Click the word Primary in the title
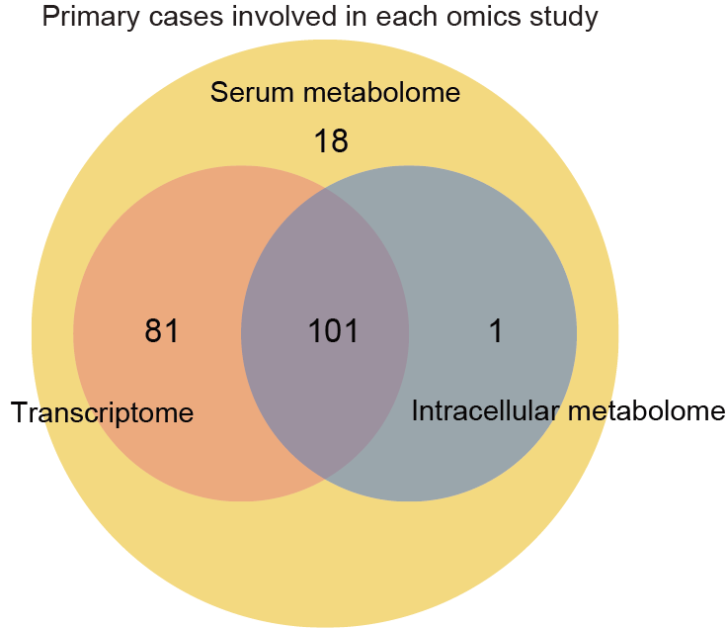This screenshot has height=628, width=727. coord(91,18)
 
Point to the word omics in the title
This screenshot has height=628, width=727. coord(476,17)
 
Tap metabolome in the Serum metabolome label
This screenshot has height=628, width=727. coord(381,92)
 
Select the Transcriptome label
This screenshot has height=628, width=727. coord(102,412)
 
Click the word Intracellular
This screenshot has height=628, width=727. coord(485,411)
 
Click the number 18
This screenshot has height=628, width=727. coord(331,141)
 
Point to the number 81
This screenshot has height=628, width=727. coord(161,331)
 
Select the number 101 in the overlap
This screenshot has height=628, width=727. coord(333,331)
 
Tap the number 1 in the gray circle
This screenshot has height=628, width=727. coord(496,331)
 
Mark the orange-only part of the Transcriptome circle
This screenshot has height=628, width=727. coord(158,279)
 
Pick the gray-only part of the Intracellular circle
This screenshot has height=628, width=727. coord(493,279)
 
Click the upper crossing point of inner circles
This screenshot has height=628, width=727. coord(325,188)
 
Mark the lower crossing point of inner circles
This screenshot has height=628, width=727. coord(325,479)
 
